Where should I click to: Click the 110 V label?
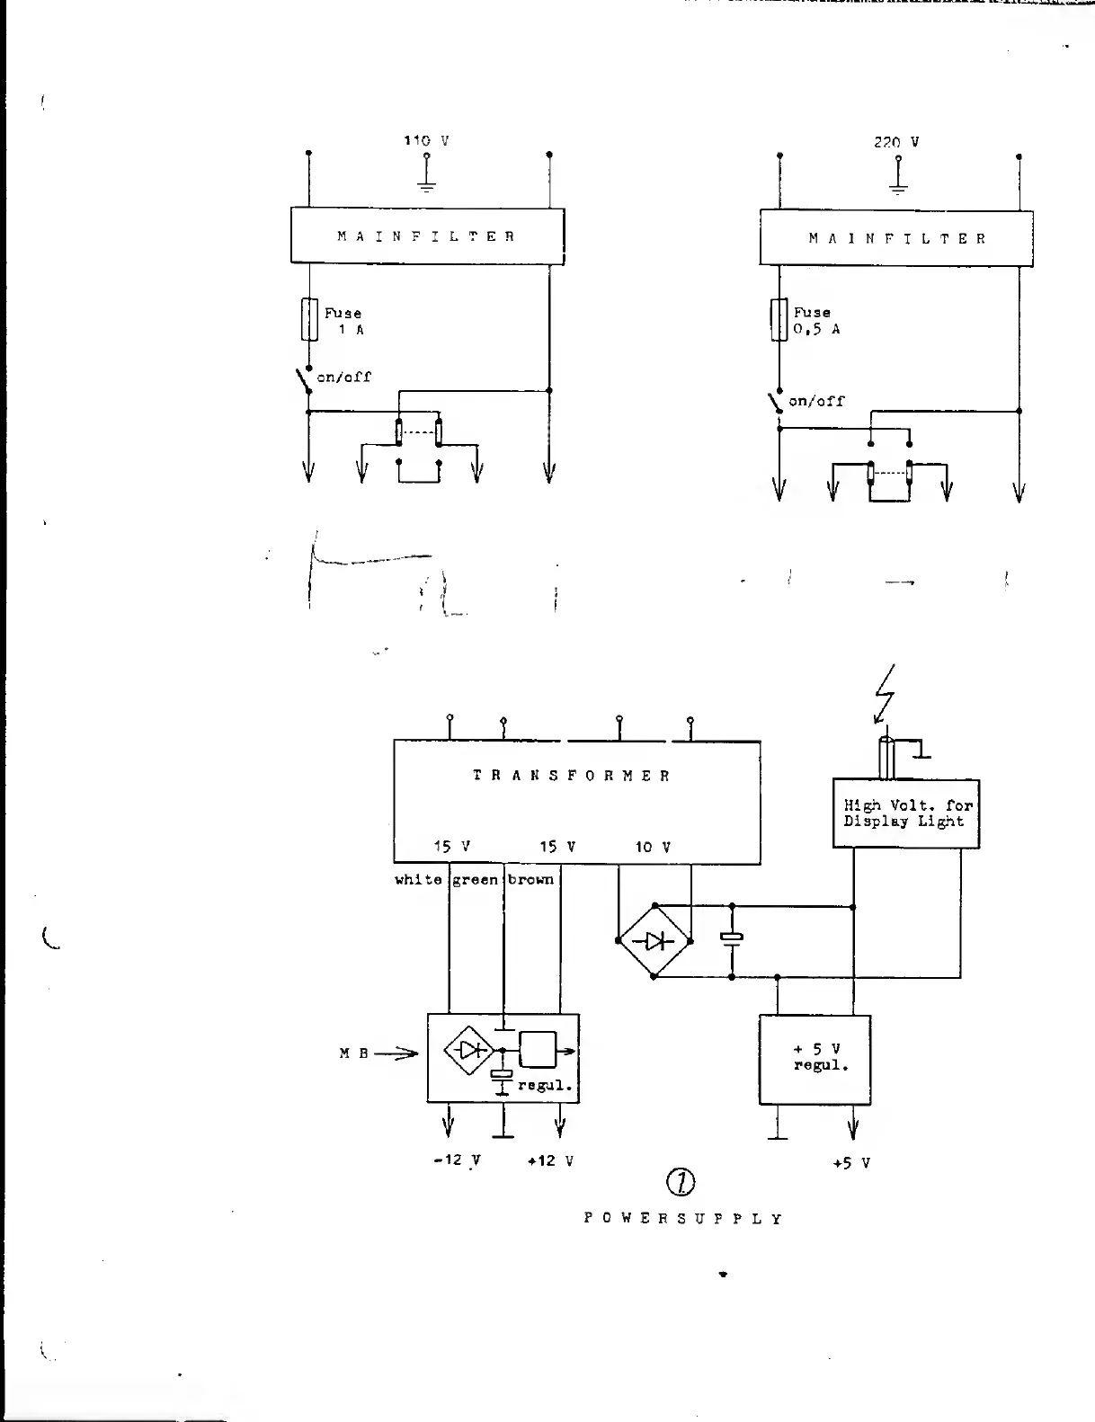[x=426, y=141]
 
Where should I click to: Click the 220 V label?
[x=896, y=142]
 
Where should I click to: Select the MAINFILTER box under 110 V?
[x=427, y=236]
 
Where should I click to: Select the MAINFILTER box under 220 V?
[x=896, y=239]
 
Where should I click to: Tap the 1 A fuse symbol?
[x=309, y=320]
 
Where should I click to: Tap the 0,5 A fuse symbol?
[x=779, y=320]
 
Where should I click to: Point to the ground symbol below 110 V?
[x=427, y=184]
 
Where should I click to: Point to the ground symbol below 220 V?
[x=898, y=186]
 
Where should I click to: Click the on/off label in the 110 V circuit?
[x=343, y=378]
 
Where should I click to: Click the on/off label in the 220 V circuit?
[x=816, y=401]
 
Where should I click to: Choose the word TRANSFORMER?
[x=572, y=776]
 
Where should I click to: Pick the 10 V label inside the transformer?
[x=653, y=847]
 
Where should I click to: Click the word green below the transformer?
[x=476, y=880]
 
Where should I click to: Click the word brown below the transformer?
[x=530, y=879]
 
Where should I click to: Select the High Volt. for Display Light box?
[x=906, y=813]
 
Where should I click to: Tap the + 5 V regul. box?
[x=815, y=1059]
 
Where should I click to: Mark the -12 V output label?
[x=457, y=1160]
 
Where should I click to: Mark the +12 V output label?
[x=550, y=1160]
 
